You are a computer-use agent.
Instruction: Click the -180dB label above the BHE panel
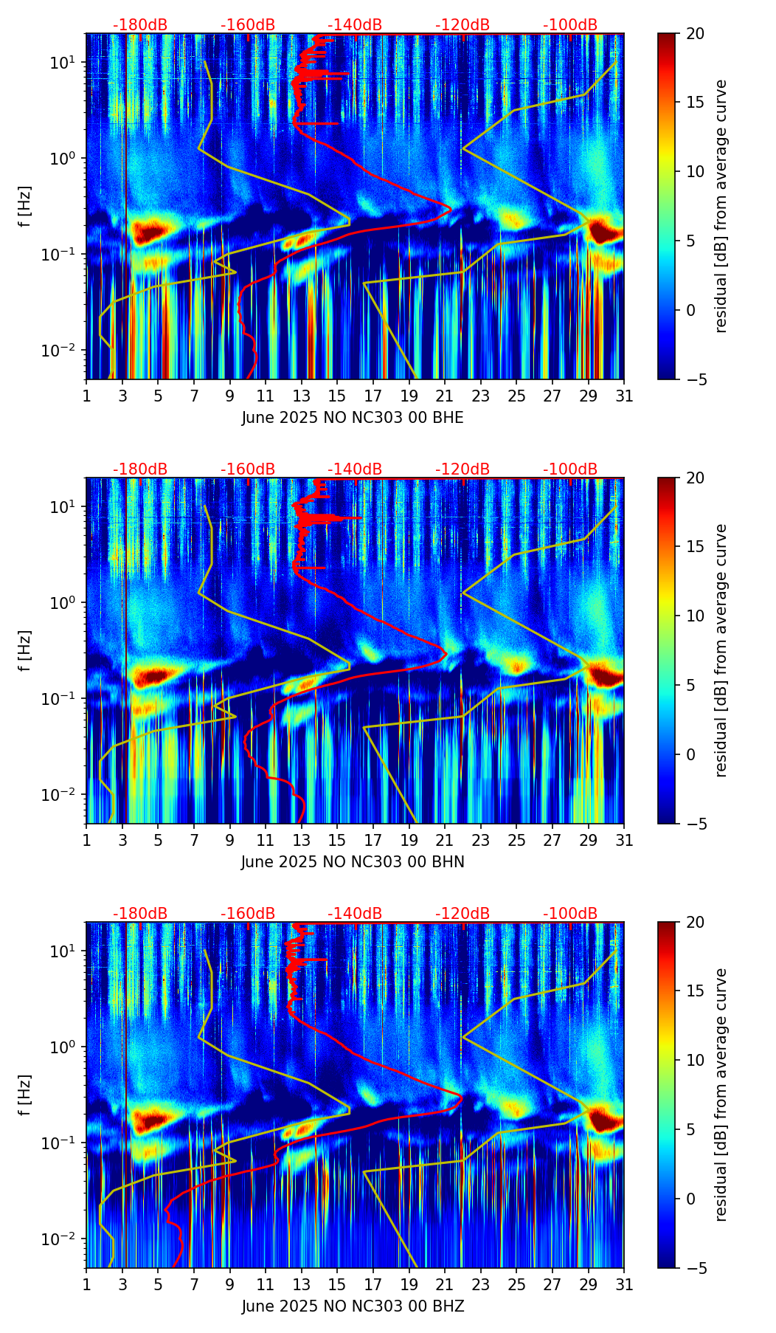(140, 25)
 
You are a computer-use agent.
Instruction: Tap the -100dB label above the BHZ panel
(570, 914)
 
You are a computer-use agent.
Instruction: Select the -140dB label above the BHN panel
(355, 469)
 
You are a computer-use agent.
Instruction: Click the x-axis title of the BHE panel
(353, 418)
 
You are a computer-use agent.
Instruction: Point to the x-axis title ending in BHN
(353, 862)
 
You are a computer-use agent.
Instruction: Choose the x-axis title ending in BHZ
(353, 1306)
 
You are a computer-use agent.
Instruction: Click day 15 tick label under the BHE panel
(337, 396)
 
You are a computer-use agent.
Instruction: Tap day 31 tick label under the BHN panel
(624, 841)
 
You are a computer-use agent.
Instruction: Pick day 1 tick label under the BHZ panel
(87, 1285)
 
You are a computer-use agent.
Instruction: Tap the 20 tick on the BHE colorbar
(696, 34)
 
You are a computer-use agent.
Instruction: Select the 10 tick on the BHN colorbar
(696, 616)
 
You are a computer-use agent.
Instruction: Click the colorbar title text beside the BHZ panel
(721, 1095)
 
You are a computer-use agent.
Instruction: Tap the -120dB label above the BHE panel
(463, 25)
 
